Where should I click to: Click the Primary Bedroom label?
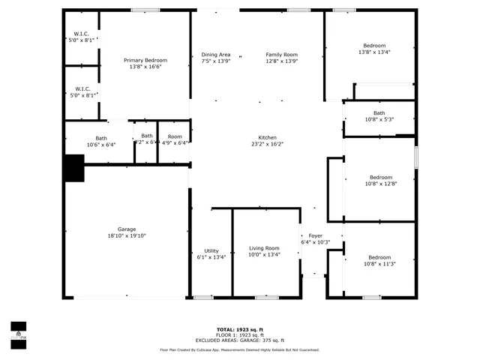click(145, 60)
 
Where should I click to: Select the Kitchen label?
click(268, 137)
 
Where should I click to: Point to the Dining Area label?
click(216, 55)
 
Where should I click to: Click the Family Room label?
click(281, 55)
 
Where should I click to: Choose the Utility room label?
click(211, 250)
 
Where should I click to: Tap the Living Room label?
click(264, 247)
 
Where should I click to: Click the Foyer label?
click(315, 235)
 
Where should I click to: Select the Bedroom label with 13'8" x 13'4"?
click(374, 46)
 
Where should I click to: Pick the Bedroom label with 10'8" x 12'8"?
click(379, 177)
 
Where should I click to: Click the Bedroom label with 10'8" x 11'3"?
click(379, 257)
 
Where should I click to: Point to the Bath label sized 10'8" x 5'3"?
click(379, 113)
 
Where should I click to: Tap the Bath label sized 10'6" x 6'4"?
click(100, 138)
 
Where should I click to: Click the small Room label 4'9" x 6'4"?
click(175, 136)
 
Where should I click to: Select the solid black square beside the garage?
click(73, 168)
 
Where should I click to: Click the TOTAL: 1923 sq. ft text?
click(240, 329)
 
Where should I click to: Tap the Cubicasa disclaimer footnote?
click(240, 350)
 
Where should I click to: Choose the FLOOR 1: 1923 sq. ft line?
click(240, 334)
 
